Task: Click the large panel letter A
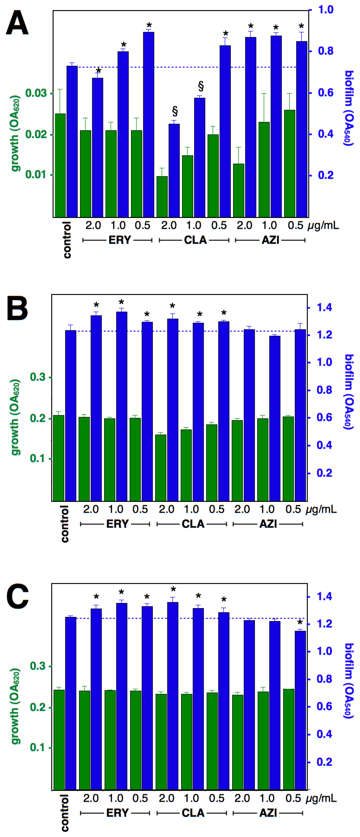tap(17, 23)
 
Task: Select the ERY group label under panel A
tap(120, 240)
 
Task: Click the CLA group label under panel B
tap(193, 524)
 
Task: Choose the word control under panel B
tap(65, 524)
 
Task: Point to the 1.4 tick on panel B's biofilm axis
tap(324, 307)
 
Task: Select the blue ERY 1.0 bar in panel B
tap(122, 406)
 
